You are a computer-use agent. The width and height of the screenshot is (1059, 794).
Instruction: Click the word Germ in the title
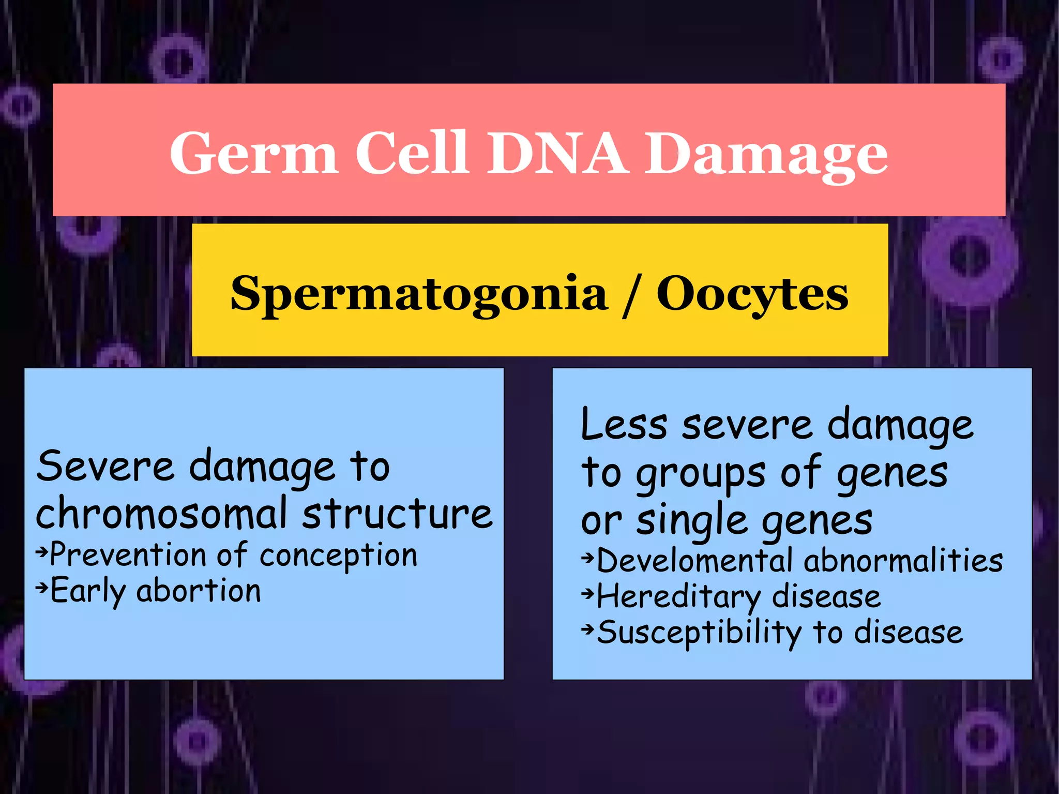[253, 154]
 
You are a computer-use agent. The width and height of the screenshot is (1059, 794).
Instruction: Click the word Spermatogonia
[418, 294]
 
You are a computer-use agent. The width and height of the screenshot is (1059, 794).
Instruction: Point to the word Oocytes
[752, 294]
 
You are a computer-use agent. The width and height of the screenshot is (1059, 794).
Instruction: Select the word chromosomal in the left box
[161, 514]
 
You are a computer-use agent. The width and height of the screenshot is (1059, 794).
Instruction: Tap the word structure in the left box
[397, 514]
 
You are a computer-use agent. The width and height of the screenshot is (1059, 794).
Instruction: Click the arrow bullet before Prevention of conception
[42, 552]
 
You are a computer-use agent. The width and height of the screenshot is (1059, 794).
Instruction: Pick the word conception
[338, 556]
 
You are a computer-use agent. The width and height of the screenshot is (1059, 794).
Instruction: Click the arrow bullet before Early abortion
[42, 587]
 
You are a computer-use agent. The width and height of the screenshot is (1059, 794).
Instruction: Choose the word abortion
[199, 591]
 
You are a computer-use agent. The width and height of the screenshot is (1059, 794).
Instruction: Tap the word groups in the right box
[700, 474]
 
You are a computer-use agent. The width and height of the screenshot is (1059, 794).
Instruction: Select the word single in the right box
[692, 521]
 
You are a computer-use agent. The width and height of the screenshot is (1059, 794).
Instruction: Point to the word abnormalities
[903, 561]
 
